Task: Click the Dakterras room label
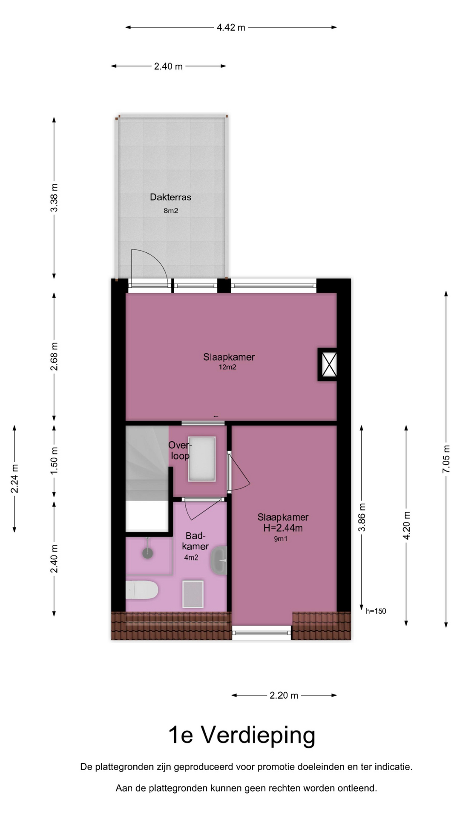coord(170,197)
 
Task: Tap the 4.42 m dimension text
coord(231,28)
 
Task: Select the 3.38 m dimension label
coord(54,197)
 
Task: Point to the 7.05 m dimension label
coord(446,459)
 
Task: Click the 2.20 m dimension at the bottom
coord(284,695)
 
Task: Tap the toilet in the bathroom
coord(142,590)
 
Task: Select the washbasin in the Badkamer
coord(219,560)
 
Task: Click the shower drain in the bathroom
coord(147,553)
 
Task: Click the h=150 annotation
coord(376,611)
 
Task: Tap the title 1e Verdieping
coord(242,735)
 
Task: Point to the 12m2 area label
coord(227,367)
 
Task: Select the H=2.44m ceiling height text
coord(283,528)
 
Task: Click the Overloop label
coord(180,450)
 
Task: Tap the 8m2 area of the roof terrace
coord(171,211)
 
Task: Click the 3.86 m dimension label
coord(362,517)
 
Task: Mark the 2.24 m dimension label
coord(14,479)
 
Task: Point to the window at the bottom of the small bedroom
coord(262,633)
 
